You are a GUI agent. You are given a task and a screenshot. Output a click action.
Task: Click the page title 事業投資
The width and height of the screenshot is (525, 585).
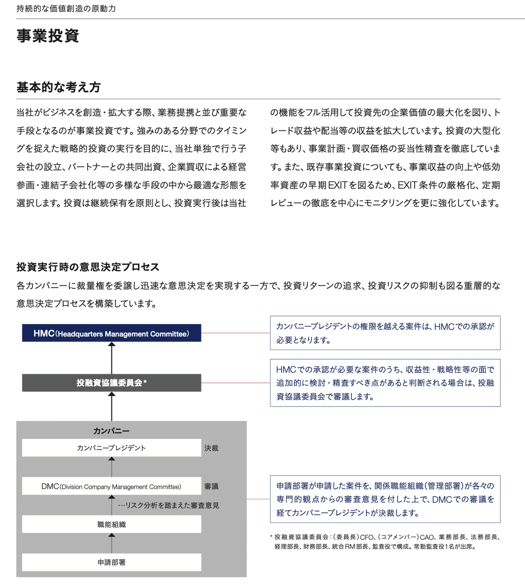tap(48, 36)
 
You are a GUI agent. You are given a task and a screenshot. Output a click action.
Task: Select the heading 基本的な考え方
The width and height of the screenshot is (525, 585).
tap(58, 87)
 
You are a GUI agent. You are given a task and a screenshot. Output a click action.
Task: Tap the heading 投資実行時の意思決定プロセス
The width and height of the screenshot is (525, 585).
tap(88, 267)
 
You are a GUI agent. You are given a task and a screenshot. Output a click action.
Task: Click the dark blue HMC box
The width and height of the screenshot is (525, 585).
tap(112, 333)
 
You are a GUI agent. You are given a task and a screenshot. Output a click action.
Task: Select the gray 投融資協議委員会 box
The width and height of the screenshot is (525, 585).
tap(112, 383)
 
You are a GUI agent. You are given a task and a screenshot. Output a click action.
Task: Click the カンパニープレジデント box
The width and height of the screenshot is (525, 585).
tap(112, 448)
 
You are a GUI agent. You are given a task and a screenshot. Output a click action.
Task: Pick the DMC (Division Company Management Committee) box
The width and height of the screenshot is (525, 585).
tap(112, 487)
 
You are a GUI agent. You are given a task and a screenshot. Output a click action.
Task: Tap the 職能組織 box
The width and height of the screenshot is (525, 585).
tap(112, 524)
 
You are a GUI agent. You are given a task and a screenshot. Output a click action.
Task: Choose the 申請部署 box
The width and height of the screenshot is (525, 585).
tap(112, 562)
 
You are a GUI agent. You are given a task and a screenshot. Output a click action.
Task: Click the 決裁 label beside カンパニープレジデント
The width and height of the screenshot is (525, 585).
tap(211, 448)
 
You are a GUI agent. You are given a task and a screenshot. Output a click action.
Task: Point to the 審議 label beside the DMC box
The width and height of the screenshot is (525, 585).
tap(211, 487)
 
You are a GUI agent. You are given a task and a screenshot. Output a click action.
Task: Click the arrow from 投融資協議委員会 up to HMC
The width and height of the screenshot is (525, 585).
tap(112, 357)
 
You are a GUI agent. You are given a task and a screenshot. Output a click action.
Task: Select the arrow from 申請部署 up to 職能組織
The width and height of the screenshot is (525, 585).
tap(112, 543)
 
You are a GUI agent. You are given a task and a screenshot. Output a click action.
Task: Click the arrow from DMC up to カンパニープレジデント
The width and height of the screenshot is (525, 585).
tap(112, 467)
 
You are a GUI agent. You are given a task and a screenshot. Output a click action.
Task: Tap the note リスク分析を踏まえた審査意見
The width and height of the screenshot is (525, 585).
tap(168, 505)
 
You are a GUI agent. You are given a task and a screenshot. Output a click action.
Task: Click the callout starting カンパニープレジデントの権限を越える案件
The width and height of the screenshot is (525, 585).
tap(385, 333)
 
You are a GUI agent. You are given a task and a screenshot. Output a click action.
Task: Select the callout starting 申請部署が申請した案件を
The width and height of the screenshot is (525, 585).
tap(385, 499)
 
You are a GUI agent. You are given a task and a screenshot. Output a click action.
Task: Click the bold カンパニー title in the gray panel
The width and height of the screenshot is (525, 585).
tap(111, 431)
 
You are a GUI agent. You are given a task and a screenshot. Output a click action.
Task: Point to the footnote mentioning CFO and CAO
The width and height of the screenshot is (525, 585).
tap(385, 542)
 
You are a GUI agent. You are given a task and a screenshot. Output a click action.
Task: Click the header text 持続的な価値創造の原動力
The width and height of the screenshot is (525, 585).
tap(66, 9)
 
